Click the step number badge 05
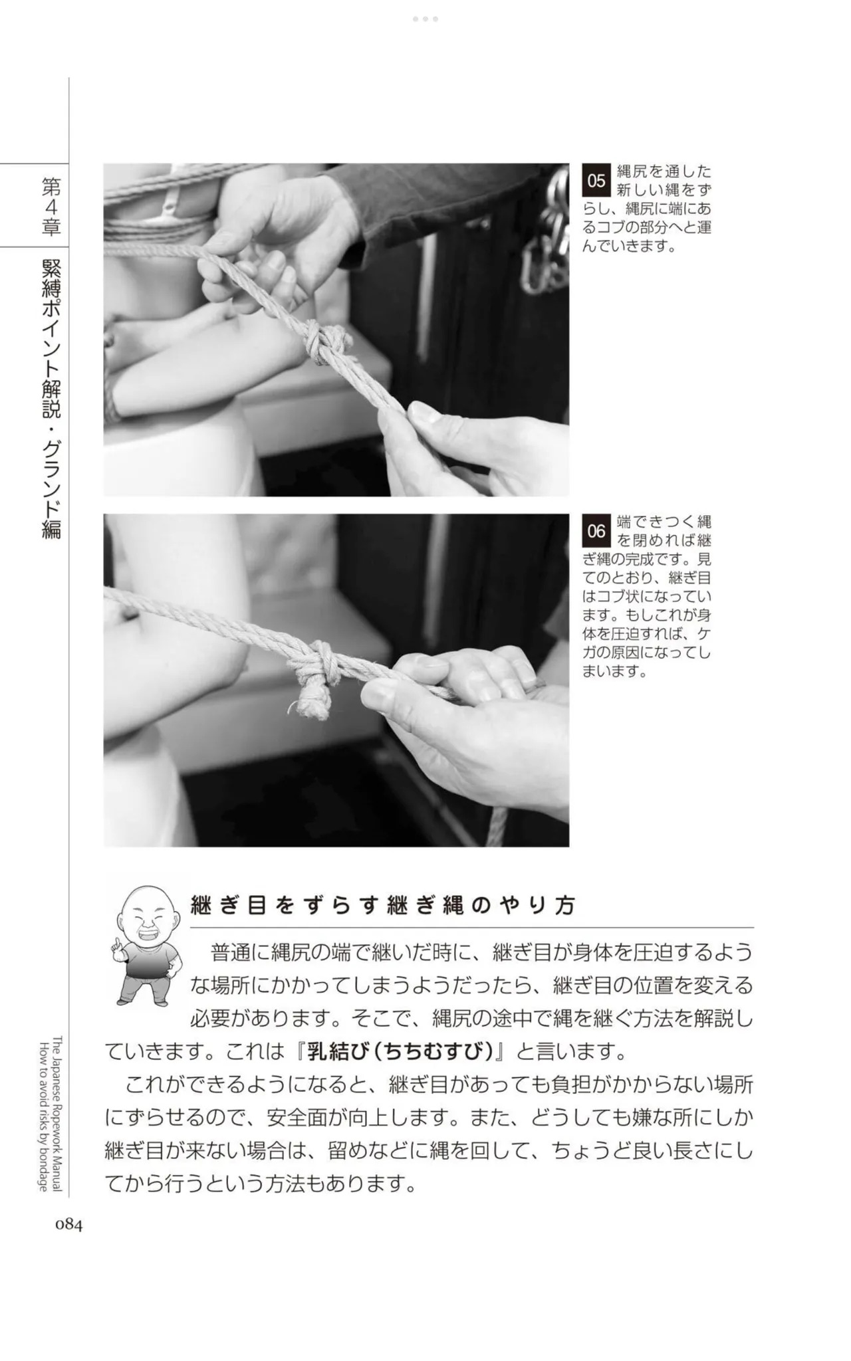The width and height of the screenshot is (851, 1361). (x=596, y=180)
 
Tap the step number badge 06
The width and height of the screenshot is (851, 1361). (x=596, y=531)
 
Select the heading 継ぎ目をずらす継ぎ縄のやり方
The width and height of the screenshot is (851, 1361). (x=383, y=905)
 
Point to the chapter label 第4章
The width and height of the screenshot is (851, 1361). (x=51, y=206)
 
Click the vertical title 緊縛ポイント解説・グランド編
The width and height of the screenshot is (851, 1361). (x=51, y=399)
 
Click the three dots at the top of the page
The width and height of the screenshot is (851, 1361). (x=425, y=19)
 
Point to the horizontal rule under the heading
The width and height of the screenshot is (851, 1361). (x=472, y=927)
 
